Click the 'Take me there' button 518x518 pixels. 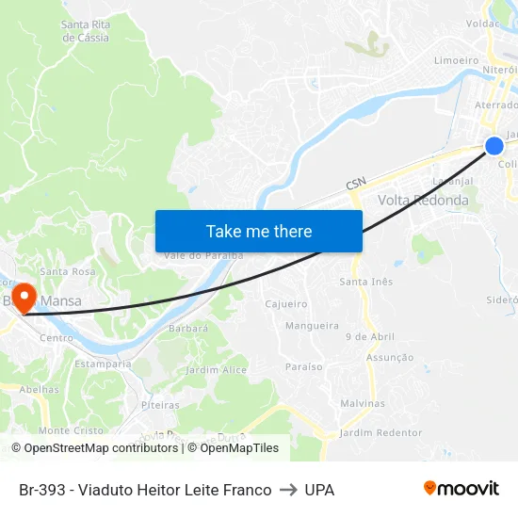(x=259, y=231)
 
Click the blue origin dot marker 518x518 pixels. (x=494, y=145)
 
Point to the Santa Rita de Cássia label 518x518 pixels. (x=85, y=31)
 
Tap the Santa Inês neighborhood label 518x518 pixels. (x=365, y=282)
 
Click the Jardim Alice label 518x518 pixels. (x=216, y=370)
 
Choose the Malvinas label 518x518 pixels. (x=363, y=403)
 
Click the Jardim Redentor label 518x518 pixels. (x=380, y=432)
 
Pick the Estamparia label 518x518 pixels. (x=103, y=364)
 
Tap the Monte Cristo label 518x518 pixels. (x=72, y=430)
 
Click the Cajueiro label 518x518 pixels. (x=286, y=304)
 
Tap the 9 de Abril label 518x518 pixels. (x=370, y=336)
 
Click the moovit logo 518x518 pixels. (x=461, y=489)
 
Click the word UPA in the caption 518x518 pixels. (x=319, y=490)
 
